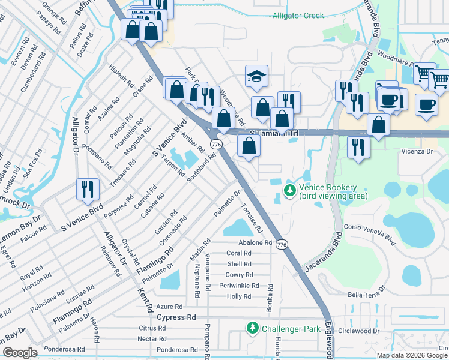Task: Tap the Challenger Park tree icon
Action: [252, 328]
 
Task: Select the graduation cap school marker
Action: [256, 76]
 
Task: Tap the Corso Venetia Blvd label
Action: [369, 235]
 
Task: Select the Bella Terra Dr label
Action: [372, 295]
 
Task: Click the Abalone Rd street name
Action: [255, 242]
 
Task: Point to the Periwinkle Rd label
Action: [239, 286]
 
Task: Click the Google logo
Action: [20, 352]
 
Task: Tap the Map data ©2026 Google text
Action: [412, 355]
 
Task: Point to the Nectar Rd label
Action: [152, 338]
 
